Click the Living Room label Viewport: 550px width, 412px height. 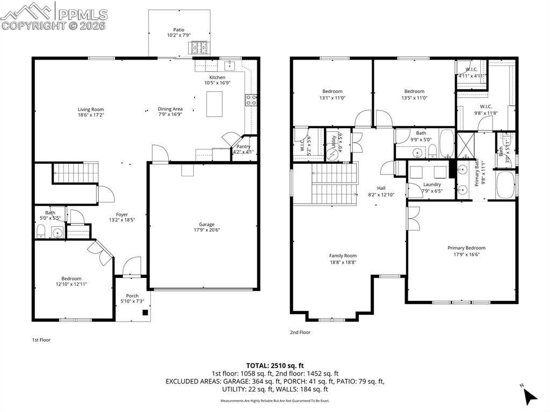coord(90,110)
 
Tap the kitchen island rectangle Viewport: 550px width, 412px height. coord(215,104)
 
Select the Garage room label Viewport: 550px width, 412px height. coord(207,225)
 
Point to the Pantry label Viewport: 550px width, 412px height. coord(240,147)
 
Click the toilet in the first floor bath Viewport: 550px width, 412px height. coord(41,232)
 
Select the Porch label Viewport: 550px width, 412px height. coord(132,296)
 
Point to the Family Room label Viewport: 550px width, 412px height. coord(343,256)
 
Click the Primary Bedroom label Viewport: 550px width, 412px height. coord(466,248)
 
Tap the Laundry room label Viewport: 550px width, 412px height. coord(431,184)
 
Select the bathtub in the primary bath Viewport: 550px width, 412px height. coord(505,185)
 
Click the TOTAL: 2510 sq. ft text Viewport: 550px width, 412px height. coord(274,365)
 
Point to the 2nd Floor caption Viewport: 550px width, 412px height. coord(300,333)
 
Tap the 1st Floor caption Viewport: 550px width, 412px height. coord(41,339)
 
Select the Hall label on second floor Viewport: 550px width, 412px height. coord(381,188)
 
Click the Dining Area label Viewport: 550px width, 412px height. coord(170,109)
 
